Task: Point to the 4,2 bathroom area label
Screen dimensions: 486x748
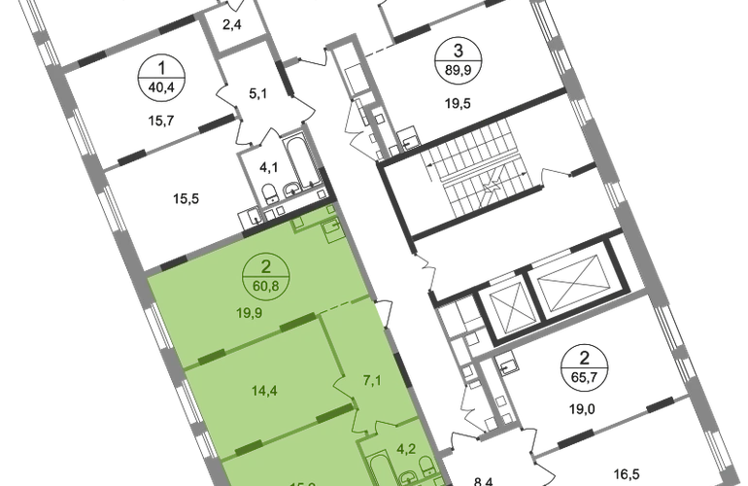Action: click(409, 450)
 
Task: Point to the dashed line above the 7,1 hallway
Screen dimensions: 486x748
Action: click(355, 307)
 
